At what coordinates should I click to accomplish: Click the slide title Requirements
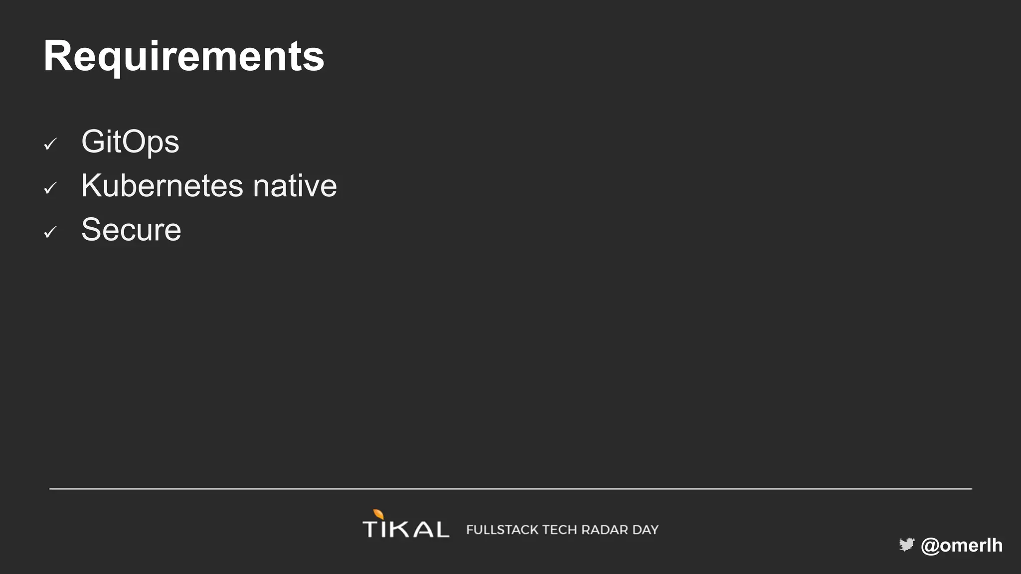[x=183, y=56]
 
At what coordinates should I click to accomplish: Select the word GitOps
[x=130, y=142]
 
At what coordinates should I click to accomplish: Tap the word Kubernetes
[x=162, y=186]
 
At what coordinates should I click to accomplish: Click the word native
[x=295, y=186]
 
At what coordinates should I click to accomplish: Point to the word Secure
[x=131, y=230]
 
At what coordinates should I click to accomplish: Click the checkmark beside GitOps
[x=50, y=144]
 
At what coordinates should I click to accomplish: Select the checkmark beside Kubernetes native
[x=50, y=188]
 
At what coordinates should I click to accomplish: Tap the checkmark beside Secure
[x=50, y=232]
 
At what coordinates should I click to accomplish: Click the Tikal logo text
[x=405, y=529]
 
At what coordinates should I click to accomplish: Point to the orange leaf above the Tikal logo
[x=379, y=514]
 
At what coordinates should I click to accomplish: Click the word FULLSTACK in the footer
[x=502, y=530]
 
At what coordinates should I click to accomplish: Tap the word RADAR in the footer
[x=605, y=530]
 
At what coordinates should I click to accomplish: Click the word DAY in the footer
[x=646, y=530]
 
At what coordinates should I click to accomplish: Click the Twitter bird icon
[x=906, y=545]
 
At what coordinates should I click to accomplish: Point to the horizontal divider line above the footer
[x=510, y=489]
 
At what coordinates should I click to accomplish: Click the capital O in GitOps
[x=136, y=142]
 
